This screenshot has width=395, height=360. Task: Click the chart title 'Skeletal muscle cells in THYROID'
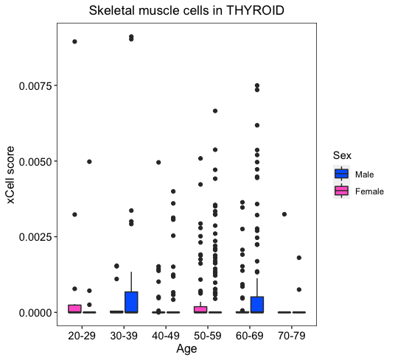point(186,10)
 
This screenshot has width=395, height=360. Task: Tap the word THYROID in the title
point(255,10)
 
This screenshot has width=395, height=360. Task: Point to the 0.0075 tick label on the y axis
point(35,86)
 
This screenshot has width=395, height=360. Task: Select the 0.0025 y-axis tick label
point(35,237)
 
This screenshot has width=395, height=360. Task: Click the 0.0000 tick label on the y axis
point(35,313)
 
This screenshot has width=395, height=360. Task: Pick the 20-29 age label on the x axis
point(82,336)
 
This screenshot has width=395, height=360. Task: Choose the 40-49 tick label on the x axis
point(166,336)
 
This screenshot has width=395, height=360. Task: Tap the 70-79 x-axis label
point(292,336)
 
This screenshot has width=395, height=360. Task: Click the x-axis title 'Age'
point(186,350)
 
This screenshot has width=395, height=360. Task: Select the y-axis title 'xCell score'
point(10,174)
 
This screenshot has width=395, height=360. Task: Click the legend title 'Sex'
point(342,155)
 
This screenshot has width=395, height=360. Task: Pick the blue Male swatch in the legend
point(342,174)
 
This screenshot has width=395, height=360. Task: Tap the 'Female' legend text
point(369,191)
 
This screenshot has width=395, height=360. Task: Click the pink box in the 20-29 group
point(74,309)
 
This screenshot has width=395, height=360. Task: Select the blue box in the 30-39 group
point(131,302)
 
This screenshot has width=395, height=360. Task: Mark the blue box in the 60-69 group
point(257,305)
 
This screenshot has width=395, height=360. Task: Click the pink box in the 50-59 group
point(200,310)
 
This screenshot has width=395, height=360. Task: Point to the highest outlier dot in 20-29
point(74,41)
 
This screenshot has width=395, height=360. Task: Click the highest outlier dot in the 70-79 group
point(284,214)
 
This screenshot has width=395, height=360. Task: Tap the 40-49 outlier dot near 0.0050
point(158,162)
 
